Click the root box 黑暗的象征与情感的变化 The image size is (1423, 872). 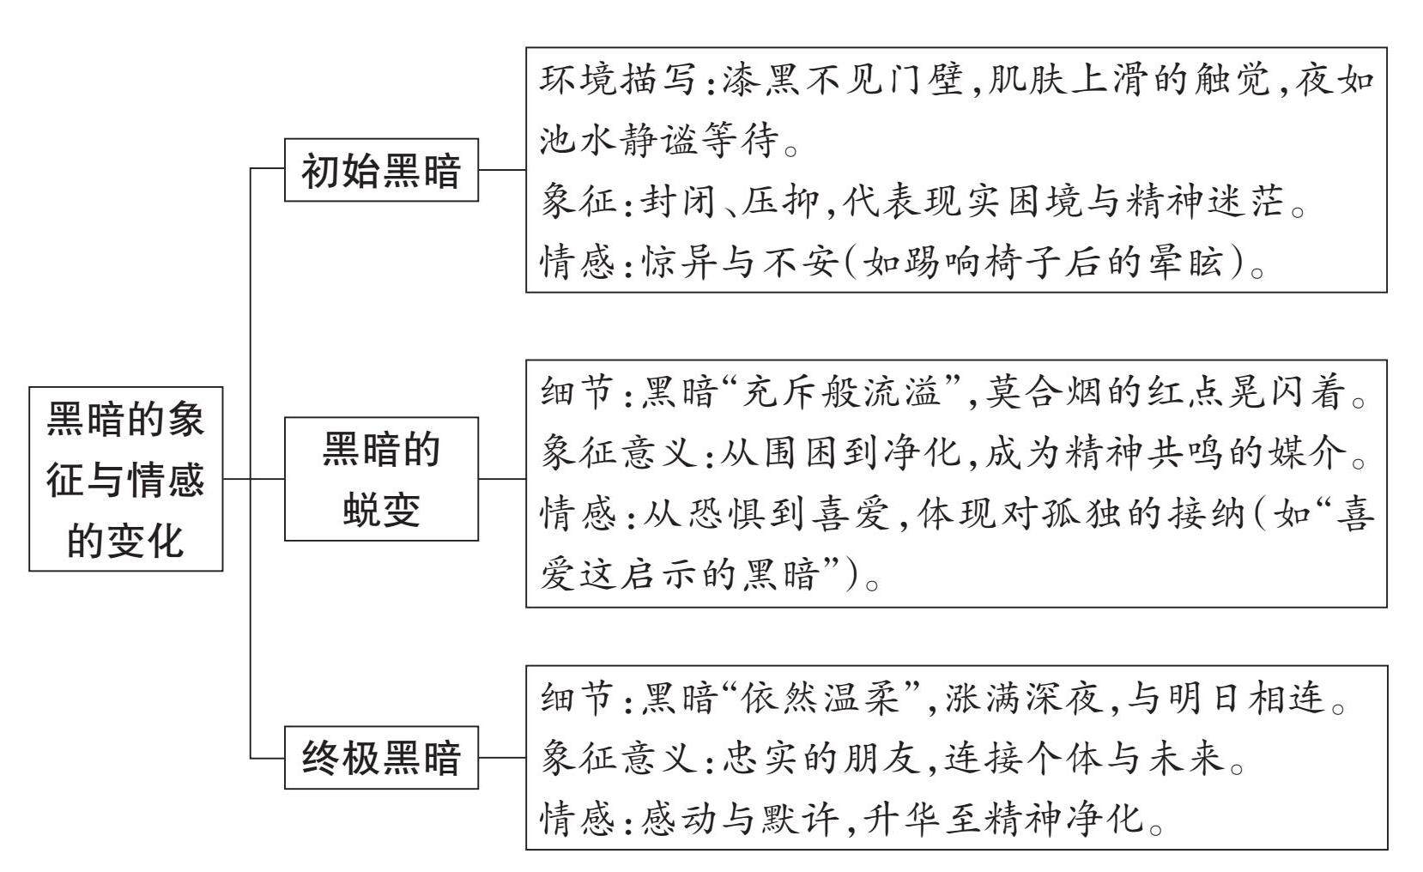[x=126, y=479]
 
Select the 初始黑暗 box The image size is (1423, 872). [x=381, y=170]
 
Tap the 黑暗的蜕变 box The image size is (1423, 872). [x=381, y=479]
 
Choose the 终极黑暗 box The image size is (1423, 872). [x=381, y=758]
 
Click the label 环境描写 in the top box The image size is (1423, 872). [x=617, y=80]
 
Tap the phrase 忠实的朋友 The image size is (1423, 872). [x=820, y=758]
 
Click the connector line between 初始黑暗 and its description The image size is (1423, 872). [x=502, y=170]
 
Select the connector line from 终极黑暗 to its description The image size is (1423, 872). [x=502, y=758]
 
